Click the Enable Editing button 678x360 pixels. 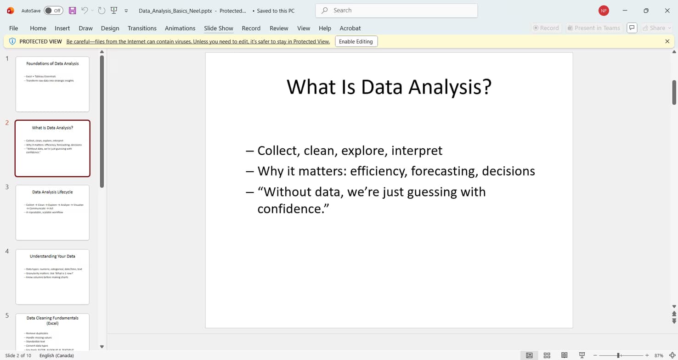356,41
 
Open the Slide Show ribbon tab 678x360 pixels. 219,28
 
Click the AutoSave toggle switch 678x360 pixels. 54,11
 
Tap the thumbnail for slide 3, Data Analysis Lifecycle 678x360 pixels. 52,213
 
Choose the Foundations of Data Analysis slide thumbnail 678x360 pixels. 52,84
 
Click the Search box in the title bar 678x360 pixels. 396,10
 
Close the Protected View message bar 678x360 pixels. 667,41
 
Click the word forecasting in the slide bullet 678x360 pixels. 442,171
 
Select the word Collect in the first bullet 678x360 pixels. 277,151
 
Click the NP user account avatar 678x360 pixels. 604,11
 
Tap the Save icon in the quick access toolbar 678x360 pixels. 72,11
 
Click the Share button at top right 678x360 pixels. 657,28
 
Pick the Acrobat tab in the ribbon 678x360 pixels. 350,28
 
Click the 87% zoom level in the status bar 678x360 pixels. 659,355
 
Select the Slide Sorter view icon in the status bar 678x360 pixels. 547,355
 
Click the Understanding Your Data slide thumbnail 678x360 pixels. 52,277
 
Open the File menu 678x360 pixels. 14,28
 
